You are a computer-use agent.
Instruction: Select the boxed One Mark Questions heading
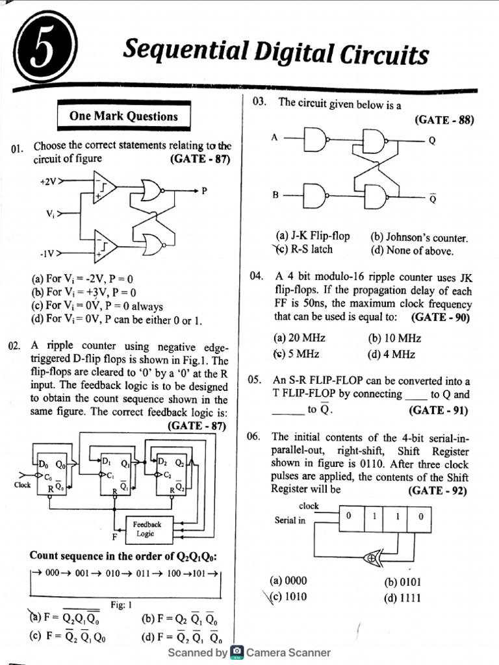pyautogui.click(x=123, y=116)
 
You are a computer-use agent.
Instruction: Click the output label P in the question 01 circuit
pyautogui.click(x=204, y=190)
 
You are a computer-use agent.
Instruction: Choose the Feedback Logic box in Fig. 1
pyautogui.click(x=146, y=529)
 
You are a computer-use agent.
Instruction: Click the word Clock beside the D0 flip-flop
pyautogui.click(x=22, y=484)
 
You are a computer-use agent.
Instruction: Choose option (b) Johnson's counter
pyautogui.click(x=418, y=237)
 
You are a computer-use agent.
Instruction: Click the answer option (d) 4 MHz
pyautogui.click(x=391, y=354)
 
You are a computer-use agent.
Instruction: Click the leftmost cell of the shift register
pyautogui.click(x=350, y=516)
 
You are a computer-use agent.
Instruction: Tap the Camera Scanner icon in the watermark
pyautogui.click(x=237, y=652)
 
